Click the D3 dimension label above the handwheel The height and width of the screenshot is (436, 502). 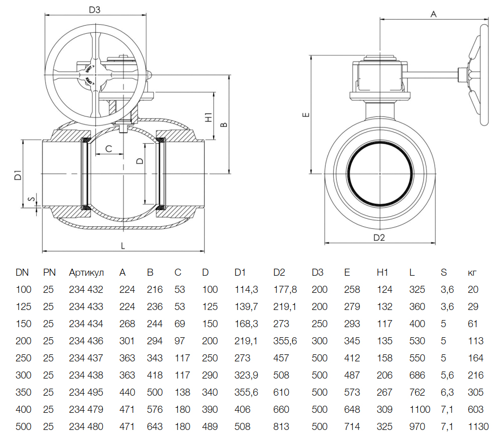[x=95, y=10]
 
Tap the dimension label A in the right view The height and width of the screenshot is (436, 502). [x=433, y=14]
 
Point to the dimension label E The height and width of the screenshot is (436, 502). [x=304, y=115]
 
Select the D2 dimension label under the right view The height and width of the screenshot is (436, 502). [x=379, y=237]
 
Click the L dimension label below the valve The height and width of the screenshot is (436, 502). [x=123, y=245]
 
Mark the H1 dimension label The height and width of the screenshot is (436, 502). [x=209, y=117]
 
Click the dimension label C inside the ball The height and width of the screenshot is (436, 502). [x=108, y=148]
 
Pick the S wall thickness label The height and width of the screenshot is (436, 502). [x=32, y=200]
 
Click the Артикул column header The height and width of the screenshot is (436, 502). [x=86, y=273]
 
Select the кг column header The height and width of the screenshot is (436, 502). [x=472, y=273]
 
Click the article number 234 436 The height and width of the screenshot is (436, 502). [x=86, y=341]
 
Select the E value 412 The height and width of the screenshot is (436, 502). [x=352, y=358]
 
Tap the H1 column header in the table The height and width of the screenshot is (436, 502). [x=383, y=273]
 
